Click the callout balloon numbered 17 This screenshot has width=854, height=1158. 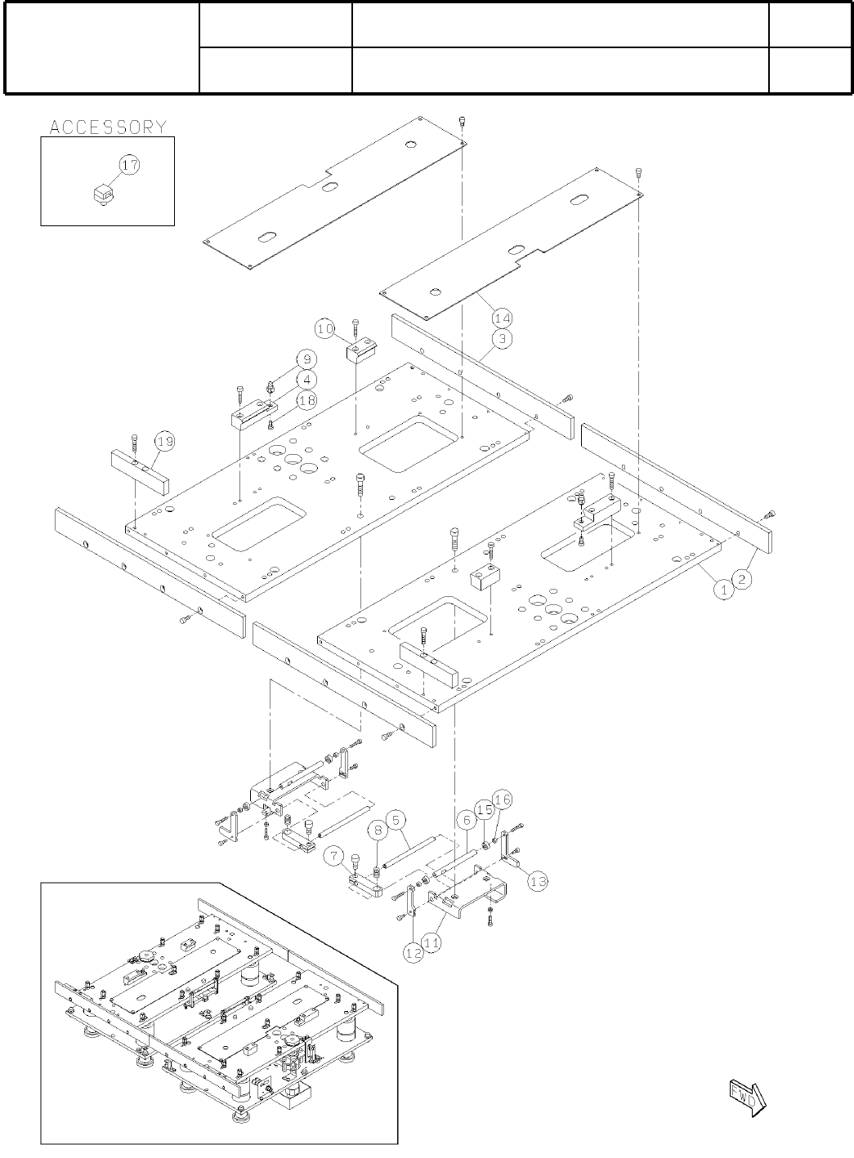coord(130,165)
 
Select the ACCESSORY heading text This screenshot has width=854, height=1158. coord(108,127)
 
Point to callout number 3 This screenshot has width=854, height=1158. coord(503,338)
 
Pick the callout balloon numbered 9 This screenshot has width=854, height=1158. coord(306,359)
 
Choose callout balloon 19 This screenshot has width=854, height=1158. coord(165,442)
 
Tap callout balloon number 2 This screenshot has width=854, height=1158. coord(742,579)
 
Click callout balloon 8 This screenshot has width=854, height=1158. coord(377,831)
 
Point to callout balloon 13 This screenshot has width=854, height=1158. coord(537,880)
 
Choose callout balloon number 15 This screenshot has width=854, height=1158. coord(485,810)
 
